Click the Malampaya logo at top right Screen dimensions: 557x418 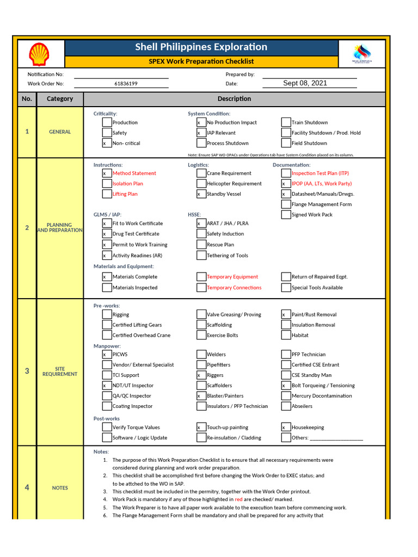[362, 55]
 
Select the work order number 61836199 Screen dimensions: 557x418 [126, 84]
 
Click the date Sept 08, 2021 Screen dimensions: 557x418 [305, 83]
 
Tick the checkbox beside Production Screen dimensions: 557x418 [107, 122]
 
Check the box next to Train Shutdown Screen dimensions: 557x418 [286, 122]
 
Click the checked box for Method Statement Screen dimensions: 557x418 [107, 173]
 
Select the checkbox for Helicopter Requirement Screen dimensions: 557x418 [201, 183]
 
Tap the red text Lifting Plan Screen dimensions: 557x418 [125, 194]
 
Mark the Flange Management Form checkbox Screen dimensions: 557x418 [286, 205]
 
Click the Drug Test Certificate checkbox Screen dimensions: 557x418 [107, 234]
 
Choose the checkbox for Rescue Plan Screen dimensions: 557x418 [201, 245]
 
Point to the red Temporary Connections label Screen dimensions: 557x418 [233, 288]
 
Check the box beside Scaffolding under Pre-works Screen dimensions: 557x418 [201, 325]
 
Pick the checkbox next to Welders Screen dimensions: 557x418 [201, 354]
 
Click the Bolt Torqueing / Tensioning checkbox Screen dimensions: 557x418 [286, 386]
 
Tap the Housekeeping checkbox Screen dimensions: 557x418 [286, 428]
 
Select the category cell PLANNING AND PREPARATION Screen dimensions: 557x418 [59, 227]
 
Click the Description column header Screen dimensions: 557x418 [234, 99]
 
